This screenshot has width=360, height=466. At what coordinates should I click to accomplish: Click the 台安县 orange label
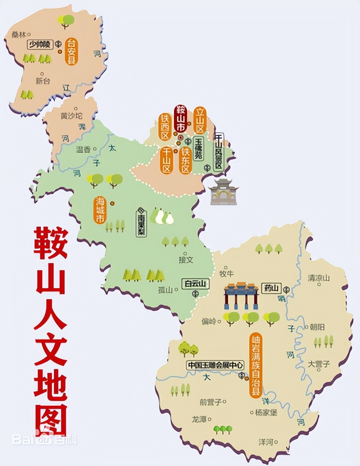click(71, 51)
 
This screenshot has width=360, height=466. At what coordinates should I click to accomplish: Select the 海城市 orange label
click(100, 210)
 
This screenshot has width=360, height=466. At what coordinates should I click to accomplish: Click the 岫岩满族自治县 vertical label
click(256, 365)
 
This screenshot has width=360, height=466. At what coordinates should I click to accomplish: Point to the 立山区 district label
click(200, 120)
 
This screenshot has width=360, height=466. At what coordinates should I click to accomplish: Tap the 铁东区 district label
click(186, 160)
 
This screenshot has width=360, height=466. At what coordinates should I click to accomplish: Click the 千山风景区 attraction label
click(219, 152)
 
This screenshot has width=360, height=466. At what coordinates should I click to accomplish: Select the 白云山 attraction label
click(195, 284)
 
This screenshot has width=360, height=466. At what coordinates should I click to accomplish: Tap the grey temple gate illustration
click(223, 192)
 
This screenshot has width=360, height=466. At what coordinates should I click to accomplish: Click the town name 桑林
click(18, 34)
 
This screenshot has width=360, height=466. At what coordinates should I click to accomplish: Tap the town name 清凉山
click(319, 278)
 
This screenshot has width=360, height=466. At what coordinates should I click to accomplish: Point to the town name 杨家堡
click(266, 412)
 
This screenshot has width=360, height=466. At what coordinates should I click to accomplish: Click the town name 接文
click(186, 260)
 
